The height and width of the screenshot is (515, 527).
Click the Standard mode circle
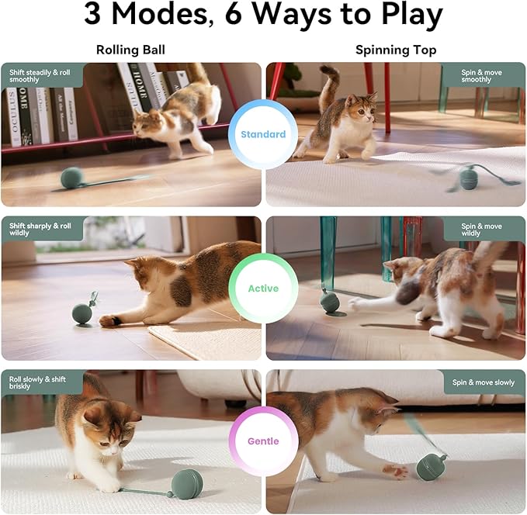coord(262,134)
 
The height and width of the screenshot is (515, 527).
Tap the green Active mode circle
coord(262,289)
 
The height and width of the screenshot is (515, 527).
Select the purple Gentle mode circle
coord(262,441)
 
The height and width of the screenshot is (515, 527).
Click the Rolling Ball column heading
coord(130,50)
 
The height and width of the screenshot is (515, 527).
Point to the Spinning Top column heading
coord(396,50)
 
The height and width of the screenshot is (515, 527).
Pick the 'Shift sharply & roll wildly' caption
coord(40,230)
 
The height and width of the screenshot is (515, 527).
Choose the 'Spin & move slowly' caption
coord(484,382)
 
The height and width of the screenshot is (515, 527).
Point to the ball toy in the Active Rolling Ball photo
coord(81,313)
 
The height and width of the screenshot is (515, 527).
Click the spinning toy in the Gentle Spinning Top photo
coord(430,465)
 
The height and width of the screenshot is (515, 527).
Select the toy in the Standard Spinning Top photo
coord(469,178)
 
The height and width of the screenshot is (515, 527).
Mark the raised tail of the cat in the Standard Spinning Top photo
coord(330,84)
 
